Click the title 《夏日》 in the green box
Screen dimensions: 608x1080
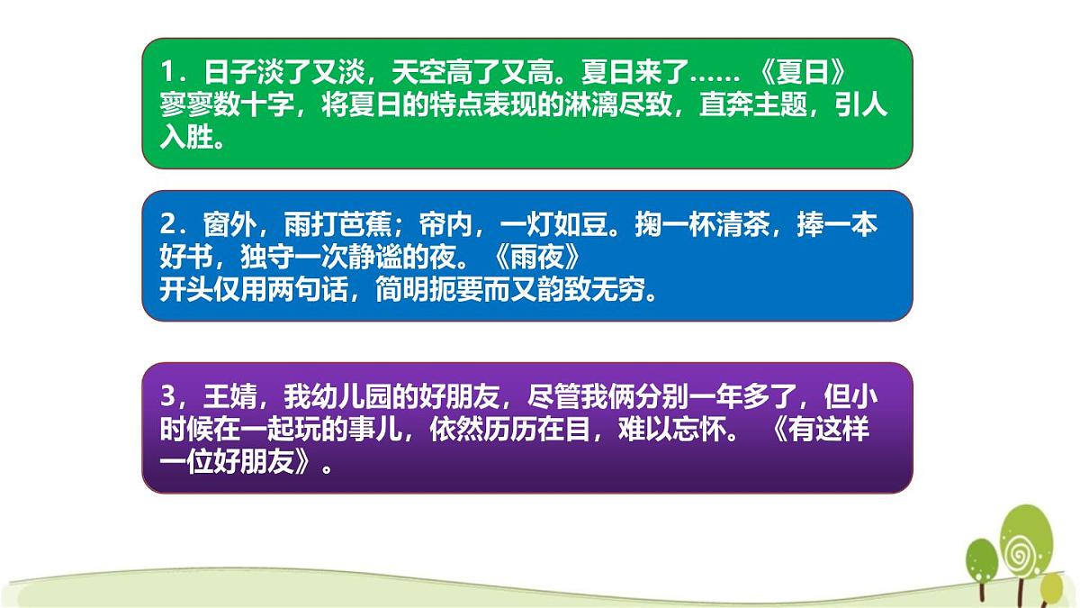797,72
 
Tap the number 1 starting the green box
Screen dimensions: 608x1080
167,72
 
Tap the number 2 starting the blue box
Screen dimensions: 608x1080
167,224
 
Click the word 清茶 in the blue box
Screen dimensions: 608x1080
751,224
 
